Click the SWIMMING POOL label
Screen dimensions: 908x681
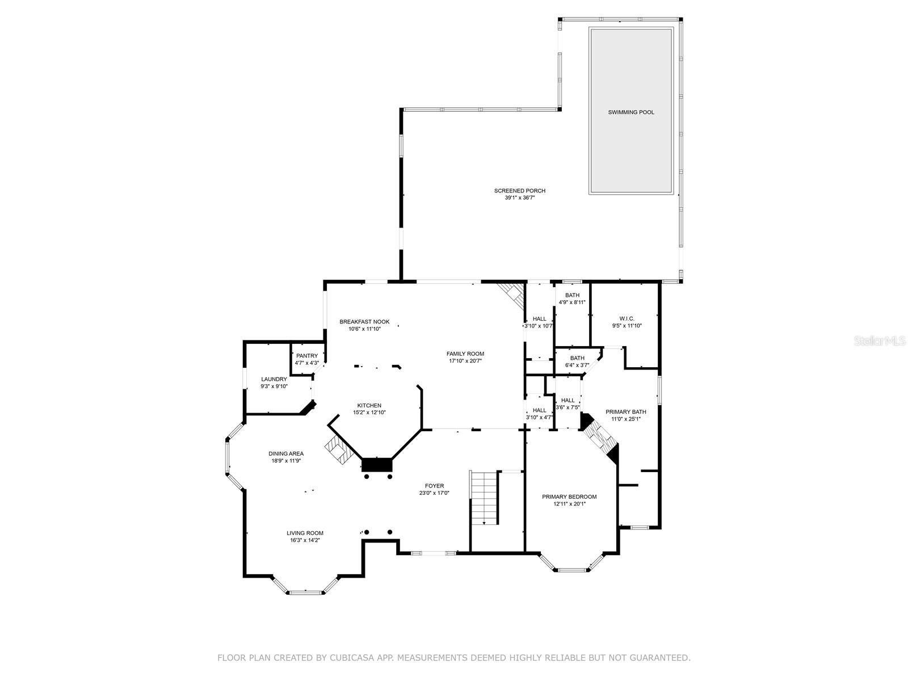pyautogui.click(x=631, y=112)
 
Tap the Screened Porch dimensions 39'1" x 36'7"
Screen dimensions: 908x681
pyautogui.click(x=520, y=197)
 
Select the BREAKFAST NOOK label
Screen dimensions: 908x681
pyautogui.click(x=364, y=322)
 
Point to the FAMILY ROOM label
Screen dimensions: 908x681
pyautogui.click(x=465, y=354)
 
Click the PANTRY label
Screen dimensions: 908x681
pyautogui.click(x=307, y=356)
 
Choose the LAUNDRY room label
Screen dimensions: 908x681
pyautogui.click(x=274, y=379)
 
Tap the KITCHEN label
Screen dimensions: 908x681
pyautogui.click(x=369, y=406)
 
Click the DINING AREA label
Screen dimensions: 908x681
pyautogui.click(x=286, y=453)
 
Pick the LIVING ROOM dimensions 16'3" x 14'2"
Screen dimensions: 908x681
pyautogui.click(x=305, y=540)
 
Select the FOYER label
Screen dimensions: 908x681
pyautogui.click(x=434, y=486)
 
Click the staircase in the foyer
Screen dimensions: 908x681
pyautogui.click(x=484, y=498)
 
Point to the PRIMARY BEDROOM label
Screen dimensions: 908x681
pyautogui.click(x=569, y=497)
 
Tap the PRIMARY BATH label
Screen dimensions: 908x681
pyautogui.click(x=625, y=412)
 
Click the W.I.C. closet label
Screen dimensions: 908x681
pyautogui.click(x=627, y=318)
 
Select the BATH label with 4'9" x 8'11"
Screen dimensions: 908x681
pyautogui.click(x=572, y=295)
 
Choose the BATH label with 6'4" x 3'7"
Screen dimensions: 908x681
pyautogui.click(x=577, y=358)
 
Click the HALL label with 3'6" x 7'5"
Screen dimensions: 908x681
pyautogui.click(x=567, y=400)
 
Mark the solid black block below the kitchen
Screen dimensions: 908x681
pyautogui.click(x=376, y=464)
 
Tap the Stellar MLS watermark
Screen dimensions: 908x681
pyautogui.click(x=880, y=341)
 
